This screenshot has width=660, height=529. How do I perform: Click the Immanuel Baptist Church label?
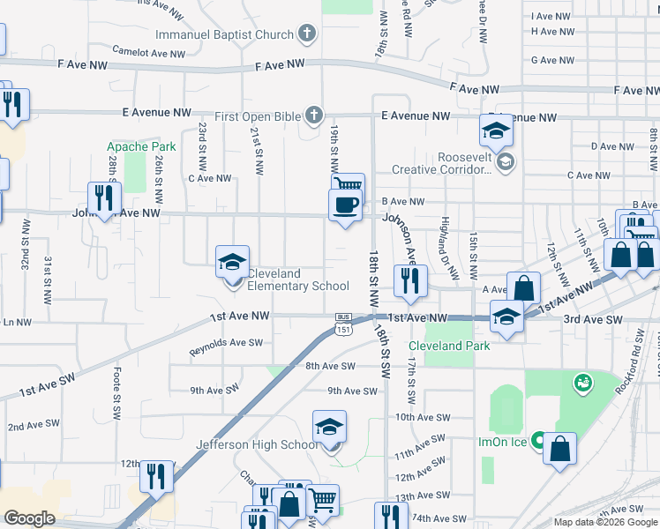pyautogui.click(x=224, y=35)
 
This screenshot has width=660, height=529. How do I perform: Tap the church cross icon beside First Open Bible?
pyautogui.click(x=313, y=115)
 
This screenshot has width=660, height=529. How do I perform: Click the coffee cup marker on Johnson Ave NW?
pyautogui.click(x=345, y=205)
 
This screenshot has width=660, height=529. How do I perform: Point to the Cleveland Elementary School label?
pyautogui.click(x=297, y=279)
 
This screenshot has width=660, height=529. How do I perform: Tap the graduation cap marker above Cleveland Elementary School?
pyautogui.click(x=233, y=262)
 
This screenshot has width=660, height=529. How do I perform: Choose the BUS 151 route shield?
pyautogui.click(x=344, y=324)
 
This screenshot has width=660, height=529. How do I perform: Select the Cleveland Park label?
pyautogui.click(x=448, y=346)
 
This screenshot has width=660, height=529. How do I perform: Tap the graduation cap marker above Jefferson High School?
pyautogui.click(x=330, y=428)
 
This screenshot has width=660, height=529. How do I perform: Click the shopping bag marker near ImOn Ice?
pyautogui.click(x=560, y=450)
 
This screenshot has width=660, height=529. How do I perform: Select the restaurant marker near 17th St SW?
pyautogui.click(x=410, y=281)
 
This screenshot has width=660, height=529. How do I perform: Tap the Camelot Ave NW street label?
pyautogui.click(x=148, y=53)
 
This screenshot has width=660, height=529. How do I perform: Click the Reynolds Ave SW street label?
pyautogui.click(x=227, y=342)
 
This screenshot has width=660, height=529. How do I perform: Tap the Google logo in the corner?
pyautogui.click(x=29, y=518)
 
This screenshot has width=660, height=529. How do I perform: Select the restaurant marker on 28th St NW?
pyautogui.click(x=103, y=198)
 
